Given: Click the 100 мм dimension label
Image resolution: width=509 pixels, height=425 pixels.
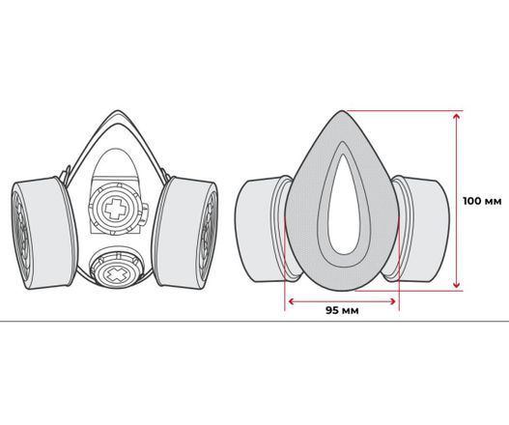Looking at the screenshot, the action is tap(482, 201).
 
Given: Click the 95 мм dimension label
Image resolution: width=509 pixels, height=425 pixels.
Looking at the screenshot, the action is tap(342, 310).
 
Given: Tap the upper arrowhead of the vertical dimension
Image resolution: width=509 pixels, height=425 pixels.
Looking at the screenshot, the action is tap(457, 116).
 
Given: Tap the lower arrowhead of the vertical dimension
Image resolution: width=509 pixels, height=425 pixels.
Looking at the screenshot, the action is tap(457, 284).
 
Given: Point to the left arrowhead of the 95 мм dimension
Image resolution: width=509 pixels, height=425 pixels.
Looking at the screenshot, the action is tap(292, 301).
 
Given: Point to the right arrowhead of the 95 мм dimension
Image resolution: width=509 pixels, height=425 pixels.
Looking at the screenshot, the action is tap(392, 301).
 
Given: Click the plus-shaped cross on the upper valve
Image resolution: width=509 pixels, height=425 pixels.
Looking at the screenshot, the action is tap(115, 209).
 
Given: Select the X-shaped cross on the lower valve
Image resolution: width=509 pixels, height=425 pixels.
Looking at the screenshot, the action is tap(116, 274).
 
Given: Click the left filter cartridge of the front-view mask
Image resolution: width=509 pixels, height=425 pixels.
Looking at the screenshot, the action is tap(44, 233).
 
